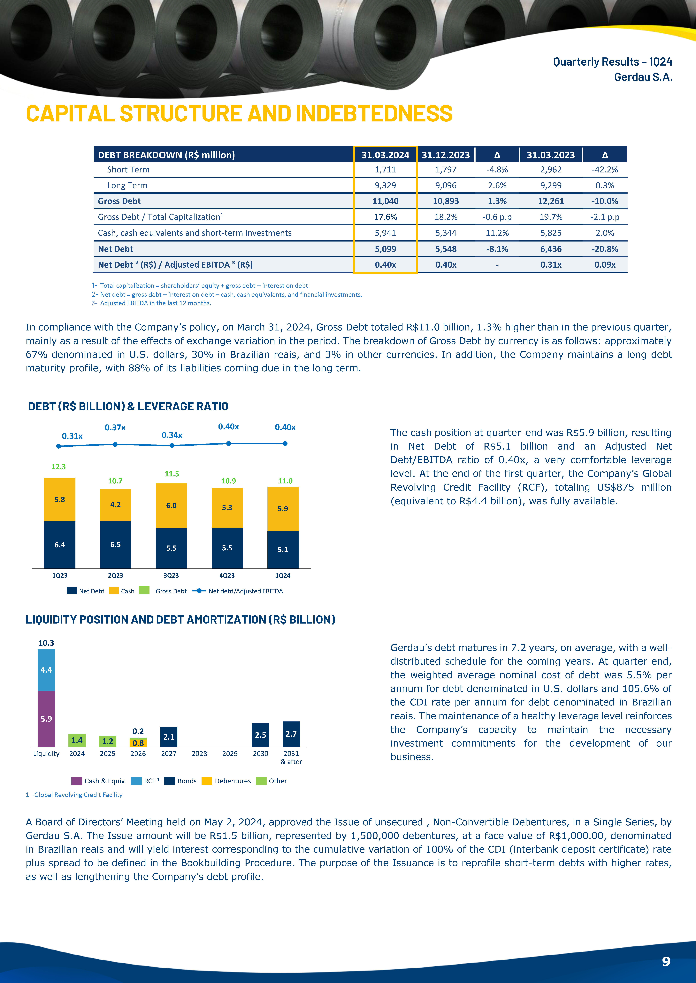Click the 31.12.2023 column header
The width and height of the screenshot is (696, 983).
click(x=446, y=155)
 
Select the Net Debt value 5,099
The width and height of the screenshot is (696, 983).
click(x=385, y=249)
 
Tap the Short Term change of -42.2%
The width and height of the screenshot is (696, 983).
click(x=605, y=170)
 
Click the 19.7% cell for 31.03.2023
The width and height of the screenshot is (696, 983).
click(x=551, y=217)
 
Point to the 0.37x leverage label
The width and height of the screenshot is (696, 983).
click(x=115, y=427)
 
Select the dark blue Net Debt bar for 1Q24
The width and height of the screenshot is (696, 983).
click(x=283, y=550)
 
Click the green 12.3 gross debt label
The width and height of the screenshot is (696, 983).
click(x=59, y=467)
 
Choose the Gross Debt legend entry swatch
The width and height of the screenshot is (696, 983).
click(x=144, y=590)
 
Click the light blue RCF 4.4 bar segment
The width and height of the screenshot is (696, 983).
click(x=46, y=670)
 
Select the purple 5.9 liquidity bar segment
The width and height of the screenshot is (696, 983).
click(x=46, y=719)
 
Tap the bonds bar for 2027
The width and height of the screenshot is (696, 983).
click(x=169, y=737)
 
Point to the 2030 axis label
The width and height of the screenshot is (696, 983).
click(x=261, y=754)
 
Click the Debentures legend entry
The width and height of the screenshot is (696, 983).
click(x=226, y=781)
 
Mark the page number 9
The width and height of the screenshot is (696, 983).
click(x=666, y=962)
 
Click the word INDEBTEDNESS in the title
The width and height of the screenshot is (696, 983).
click(x=374, y=113)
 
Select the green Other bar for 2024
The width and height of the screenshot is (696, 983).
click(x=77, y=740)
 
